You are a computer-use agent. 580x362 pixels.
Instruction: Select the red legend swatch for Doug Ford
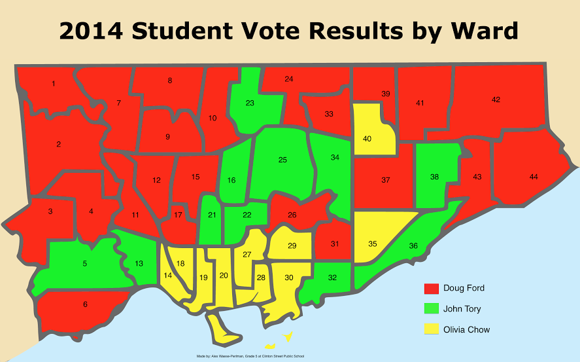coord(431,289)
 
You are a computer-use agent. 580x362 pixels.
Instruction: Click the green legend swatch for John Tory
coord(431,309)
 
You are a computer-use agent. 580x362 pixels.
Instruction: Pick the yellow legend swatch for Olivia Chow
coord(431,329)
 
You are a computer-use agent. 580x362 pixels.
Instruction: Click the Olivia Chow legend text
coord(466,329)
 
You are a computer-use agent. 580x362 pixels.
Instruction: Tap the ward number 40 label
coord(367,138)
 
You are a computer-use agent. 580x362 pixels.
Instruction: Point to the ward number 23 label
coord(250,103)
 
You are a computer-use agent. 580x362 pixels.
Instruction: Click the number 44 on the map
coord(534,177)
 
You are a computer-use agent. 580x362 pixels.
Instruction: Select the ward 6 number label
coord(85,304)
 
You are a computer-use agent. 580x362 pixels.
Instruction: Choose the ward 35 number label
coord(373,244)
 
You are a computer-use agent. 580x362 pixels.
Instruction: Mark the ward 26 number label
coord(292,214)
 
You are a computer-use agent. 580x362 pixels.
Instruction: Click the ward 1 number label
coord(53,83)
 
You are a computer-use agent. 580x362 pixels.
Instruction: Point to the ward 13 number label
coord(139,263)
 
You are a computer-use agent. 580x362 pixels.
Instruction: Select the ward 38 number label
coord(434,177)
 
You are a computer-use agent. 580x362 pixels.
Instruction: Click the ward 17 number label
coord(178,215)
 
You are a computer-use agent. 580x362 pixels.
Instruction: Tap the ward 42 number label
coord(496,99)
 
